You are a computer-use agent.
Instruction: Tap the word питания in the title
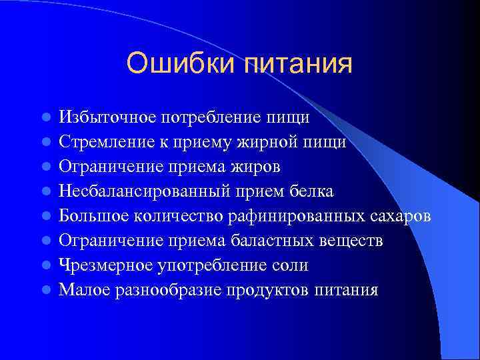(x=298, y=64)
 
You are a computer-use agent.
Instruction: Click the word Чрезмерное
(x=105, y=265)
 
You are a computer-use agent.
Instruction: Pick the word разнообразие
(x=165, y=290)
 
